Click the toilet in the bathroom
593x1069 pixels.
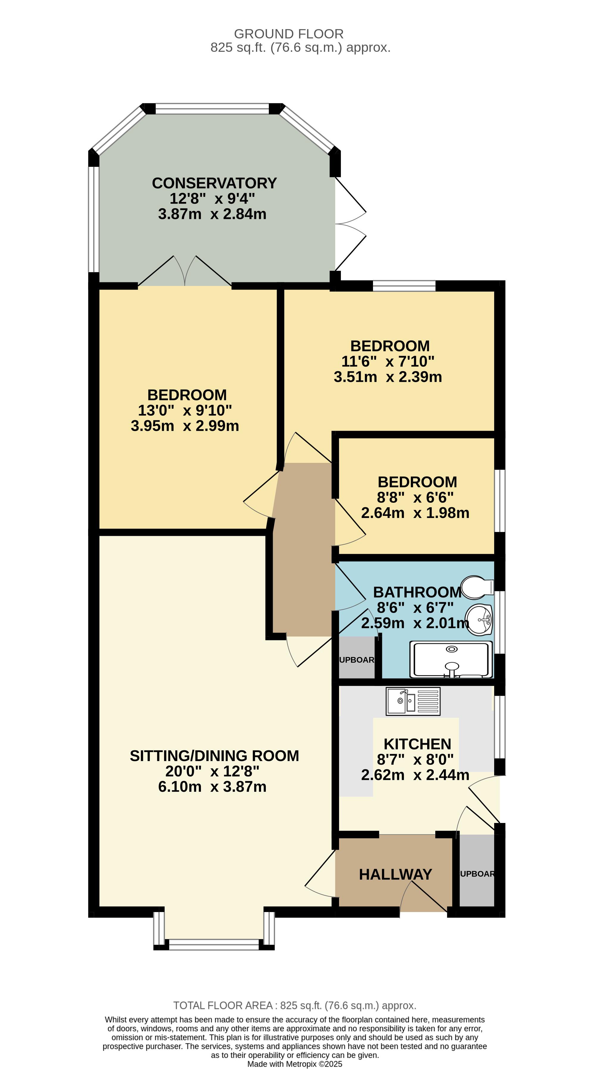point(477,587)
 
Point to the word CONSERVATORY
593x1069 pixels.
point(214,183)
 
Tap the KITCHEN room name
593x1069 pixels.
point(417,744)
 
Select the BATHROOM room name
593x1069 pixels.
point(417,592)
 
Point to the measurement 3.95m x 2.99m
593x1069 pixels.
point(185,426)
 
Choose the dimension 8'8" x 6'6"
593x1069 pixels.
point(415,497)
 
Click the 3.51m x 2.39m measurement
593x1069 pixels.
point(388,377)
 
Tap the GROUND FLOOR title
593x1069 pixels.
point(289,34)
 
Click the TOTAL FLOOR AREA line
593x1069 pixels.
point(295,1006)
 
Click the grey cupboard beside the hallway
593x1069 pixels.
point(477,871)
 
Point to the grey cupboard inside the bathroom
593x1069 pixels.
point(357,658)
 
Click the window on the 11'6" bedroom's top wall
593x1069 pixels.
point(404,286)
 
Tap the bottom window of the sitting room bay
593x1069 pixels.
point(214,944)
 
